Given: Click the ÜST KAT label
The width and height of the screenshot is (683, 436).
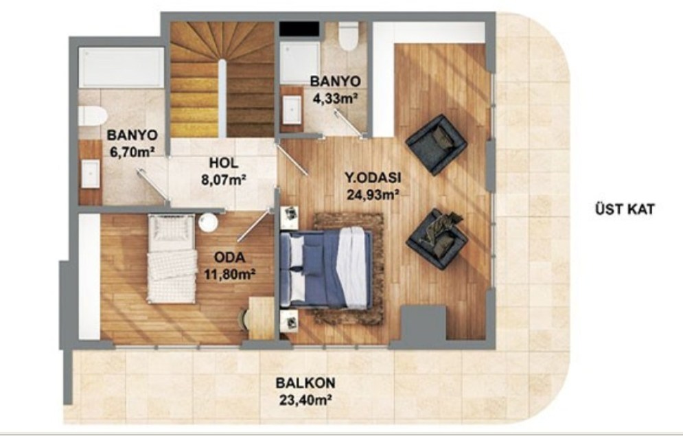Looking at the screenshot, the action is click(x=624, y=209).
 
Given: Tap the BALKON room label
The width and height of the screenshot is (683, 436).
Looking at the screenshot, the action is click(x=305, y=383).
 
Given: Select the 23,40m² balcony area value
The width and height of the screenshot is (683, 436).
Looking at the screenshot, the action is click(x=305, y=400).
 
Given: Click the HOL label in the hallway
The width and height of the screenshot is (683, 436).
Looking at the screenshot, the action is click(x=224, y=163).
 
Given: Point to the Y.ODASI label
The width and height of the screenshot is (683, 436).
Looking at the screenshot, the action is click(x=373, y=178).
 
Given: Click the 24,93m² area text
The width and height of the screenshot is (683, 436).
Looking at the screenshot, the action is click(x=373, y=194).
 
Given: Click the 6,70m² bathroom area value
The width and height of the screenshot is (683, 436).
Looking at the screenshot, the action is click(x=132, y=152).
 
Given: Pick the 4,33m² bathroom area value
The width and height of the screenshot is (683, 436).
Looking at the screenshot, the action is click(x=336, y=97).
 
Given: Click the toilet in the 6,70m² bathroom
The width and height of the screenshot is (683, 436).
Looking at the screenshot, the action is click(x=93, y=116).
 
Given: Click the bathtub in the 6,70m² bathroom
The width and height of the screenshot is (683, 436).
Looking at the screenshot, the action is click(x=121, y=67).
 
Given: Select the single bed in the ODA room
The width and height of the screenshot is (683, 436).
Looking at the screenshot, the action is click(x=172, y=259).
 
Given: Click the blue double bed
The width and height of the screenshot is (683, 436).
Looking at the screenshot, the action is click(x=326, y=268).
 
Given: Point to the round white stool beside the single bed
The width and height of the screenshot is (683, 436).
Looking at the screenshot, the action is click(x=208, y=222).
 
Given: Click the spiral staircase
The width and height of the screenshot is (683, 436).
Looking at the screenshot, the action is click(x=222, y=79).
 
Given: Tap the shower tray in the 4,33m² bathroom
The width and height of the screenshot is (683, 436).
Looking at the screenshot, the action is click(x=300, y=62).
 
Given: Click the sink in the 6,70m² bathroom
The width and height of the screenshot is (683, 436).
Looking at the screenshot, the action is click(x=91, y=174).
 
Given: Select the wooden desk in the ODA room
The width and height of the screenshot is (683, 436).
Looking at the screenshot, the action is click(x=262, y=318).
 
